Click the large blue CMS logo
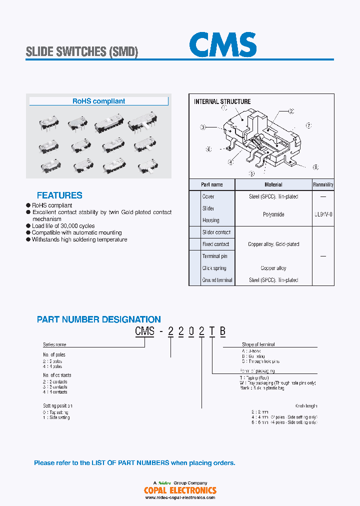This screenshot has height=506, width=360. point(222,45)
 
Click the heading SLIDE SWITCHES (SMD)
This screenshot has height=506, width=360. point(81,51)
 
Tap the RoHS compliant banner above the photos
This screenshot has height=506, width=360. point(98,101)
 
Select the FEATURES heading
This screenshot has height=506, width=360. point(59,195)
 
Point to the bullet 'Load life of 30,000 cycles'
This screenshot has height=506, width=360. point(63,226)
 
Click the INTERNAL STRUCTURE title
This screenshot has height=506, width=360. point(222,101)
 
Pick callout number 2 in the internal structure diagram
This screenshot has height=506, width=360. point(291,111)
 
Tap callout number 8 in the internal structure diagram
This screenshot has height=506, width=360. point(315,167)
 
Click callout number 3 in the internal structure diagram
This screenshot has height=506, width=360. point(203,127)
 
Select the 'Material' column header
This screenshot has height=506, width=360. point(273,184)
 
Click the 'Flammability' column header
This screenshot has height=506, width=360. point(323,184)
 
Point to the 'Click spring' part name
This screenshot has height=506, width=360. point(214,268)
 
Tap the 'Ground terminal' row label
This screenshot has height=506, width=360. point(217,280)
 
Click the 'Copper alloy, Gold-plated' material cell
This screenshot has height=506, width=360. point(273,244)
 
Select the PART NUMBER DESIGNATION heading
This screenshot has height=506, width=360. point(99,319)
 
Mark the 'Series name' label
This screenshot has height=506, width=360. point(54,344)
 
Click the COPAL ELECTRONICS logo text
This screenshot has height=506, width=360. point(180,490)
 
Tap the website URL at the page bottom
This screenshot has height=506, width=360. point(180,497)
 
